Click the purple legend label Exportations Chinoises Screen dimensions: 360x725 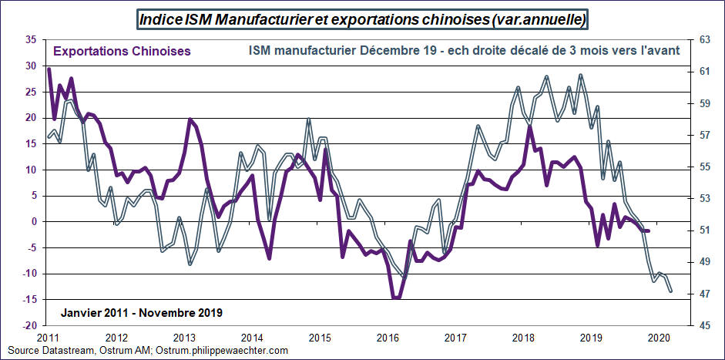pyautogui.click(x=122, y=52)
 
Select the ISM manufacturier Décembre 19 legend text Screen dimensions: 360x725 pyautogui.click(x=464, y=52)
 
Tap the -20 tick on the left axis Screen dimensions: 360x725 pyautogui.click(x=31, y=325)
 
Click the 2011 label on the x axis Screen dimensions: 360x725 pyautogui.click(x=48, y=338)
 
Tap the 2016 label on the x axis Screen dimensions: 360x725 pyautogui.click(x=388, y=338)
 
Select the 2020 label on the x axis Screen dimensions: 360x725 pyautogui.click(x=659, y=338)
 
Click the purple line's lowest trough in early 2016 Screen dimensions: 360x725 pyautogui.click(x=396, y=298)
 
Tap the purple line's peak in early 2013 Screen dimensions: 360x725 pyautogui.click(x=190, y=119)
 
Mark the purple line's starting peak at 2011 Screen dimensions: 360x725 pyautogui.click(x=49, y=69)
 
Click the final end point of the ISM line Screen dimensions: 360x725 pyautogui.click(x=670, y=291)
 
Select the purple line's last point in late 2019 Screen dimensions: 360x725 pyautogui.click(x=649, y=230)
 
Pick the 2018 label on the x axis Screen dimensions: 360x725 pyautogui.click(x=523, y=338)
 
